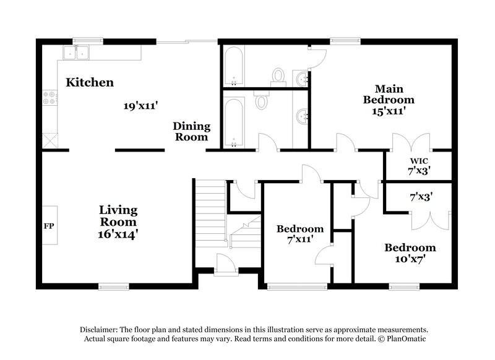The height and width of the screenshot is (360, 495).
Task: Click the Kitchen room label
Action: click(90, 82)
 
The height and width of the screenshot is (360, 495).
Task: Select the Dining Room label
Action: click(192, 131)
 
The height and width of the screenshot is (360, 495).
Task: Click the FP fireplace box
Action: click(49, 225)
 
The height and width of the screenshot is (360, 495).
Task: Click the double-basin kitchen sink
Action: click(78, 54)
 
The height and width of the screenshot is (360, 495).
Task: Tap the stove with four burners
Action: click(49, 97)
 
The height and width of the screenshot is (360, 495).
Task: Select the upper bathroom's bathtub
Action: click(234, 68)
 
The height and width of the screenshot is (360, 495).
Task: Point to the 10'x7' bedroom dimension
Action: click(410, 259)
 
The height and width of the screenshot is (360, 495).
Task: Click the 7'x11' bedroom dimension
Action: click(300, 238)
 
